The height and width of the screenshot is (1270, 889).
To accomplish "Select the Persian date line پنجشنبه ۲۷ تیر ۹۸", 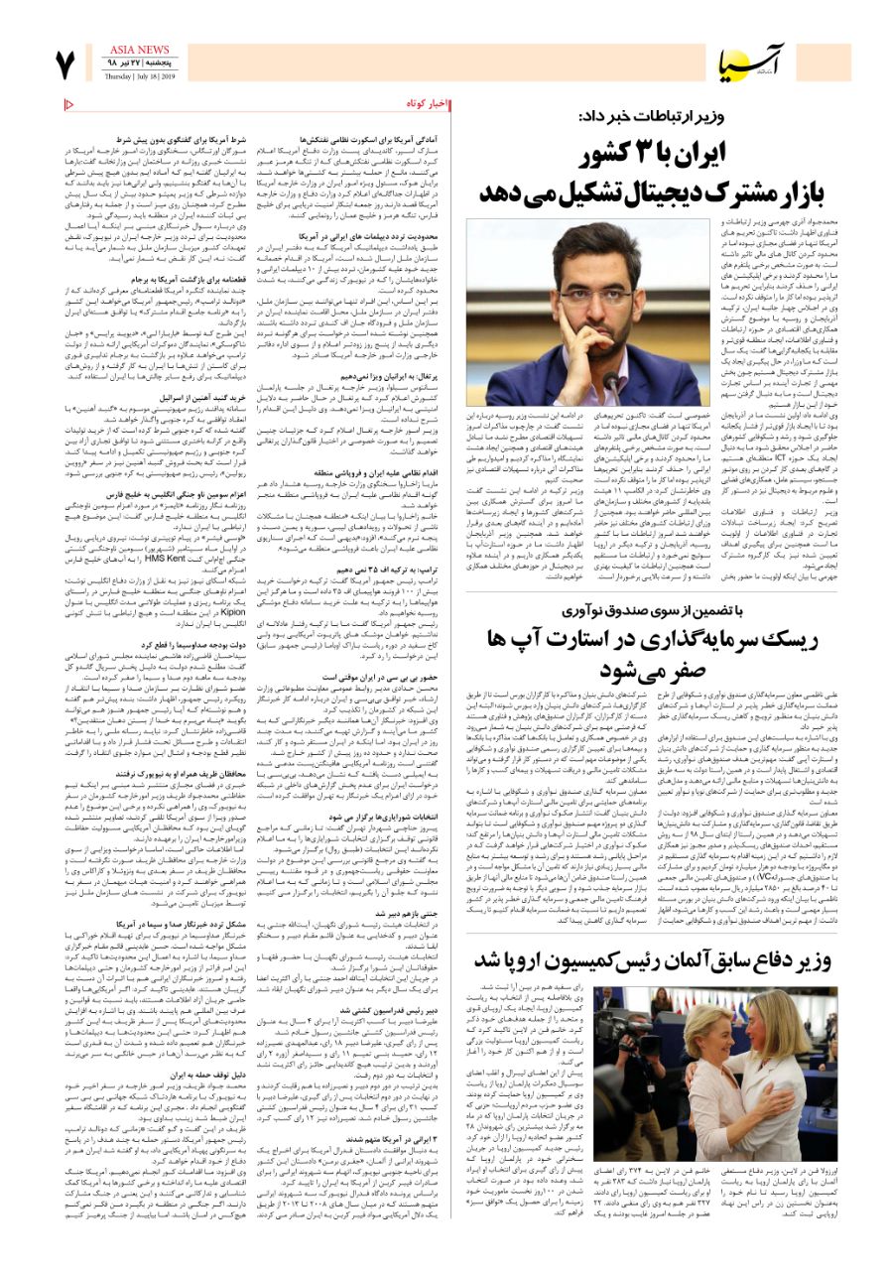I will click(140, 63).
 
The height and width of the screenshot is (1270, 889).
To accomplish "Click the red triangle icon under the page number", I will click(68, 105).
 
